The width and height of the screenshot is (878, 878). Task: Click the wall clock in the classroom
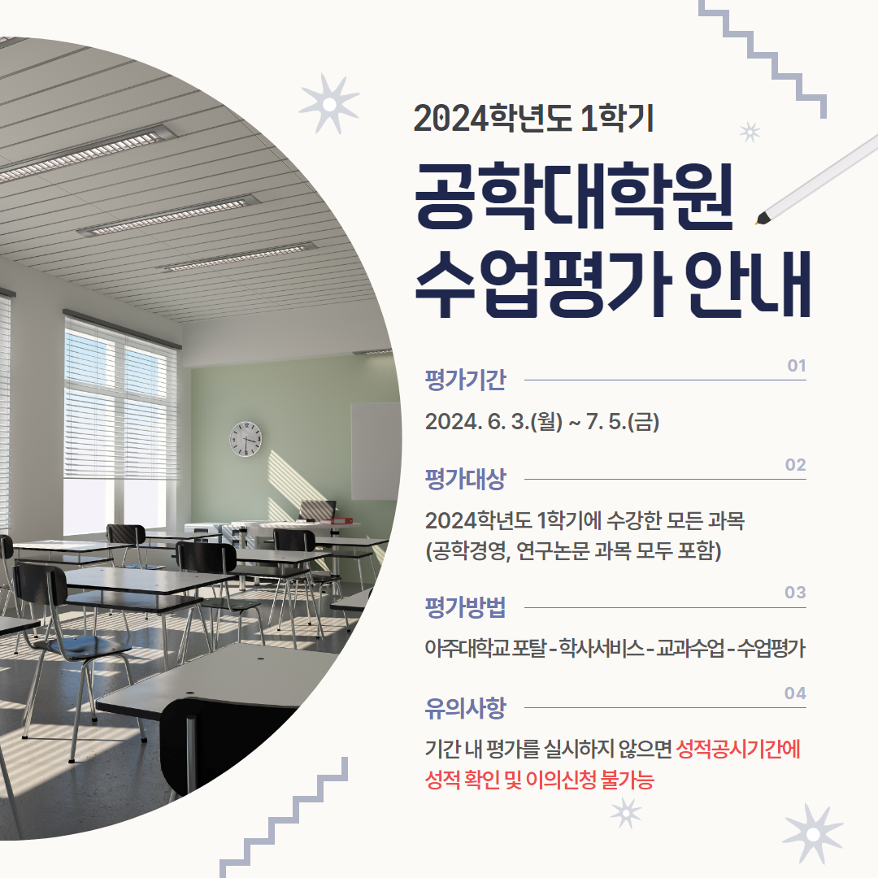click(246, 439)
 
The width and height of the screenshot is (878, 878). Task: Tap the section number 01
click(796, 366)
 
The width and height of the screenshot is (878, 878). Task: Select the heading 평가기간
click(465, 380)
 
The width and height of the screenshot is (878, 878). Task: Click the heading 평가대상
click(465, 480)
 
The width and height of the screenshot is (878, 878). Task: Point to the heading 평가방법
click(465, 607)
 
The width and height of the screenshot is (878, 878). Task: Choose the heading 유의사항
click(465, 708)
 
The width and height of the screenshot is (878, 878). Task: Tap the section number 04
click(795, 693)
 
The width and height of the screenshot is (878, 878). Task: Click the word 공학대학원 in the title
click(574, 195)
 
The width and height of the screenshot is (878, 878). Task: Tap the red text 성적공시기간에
click(738, 750)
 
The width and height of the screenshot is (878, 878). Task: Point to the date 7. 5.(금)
click(623, 422)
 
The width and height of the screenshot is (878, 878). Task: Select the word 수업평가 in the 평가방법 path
click(771, 649)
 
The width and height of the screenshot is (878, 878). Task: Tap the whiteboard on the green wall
click(376, 451)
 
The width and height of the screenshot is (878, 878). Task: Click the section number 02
click(795, 465)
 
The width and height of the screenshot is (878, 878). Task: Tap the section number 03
click(795, 593)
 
